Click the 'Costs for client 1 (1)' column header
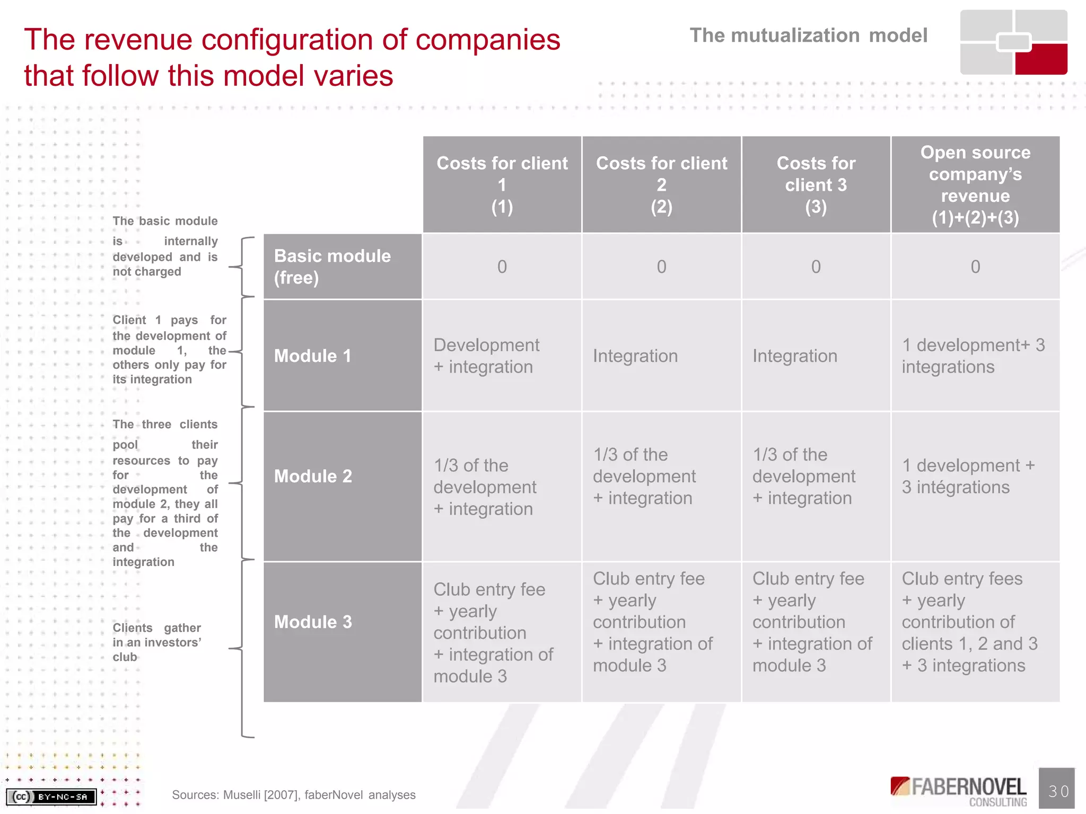(x=502, y=184)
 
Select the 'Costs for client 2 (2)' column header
(x=661, y=184)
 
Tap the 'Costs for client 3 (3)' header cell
(x=816, y=184)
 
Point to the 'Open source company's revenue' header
(x=975, y=184)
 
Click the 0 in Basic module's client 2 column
(x=661, y=267)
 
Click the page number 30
(x=1057, y=791)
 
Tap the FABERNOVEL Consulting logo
(x=959, y=791)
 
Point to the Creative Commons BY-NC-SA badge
(x=51, y=796)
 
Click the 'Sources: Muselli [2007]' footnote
(x=294, y=795)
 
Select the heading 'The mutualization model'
(x=808, y=36)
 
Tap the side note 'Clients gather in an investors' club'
(x=157, y=642)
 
